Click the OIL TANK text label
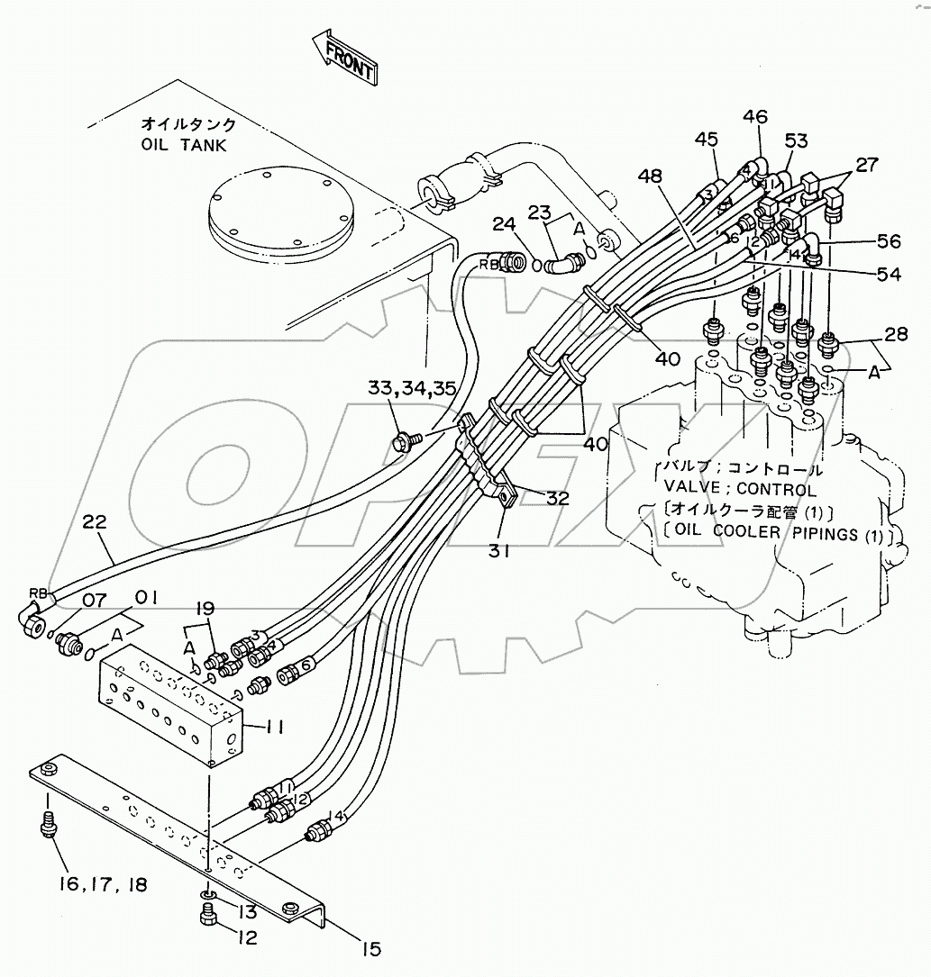(184, 145)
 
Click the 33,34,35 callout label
(411, 389)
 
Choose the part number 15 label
(371, 948)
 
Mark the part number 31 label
(501, 548)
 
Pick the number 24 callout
(503, 222)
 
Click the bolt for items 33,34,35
(403, 441)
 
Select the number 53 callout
(795, 141)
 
